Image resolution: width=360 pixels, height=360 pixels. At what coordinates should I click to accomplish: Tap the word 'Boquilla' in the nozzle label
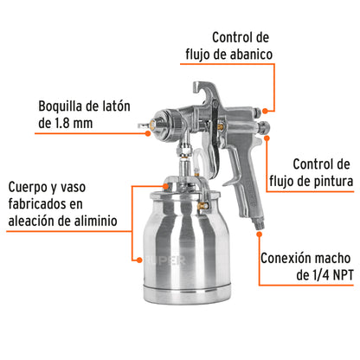[38, 107]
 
